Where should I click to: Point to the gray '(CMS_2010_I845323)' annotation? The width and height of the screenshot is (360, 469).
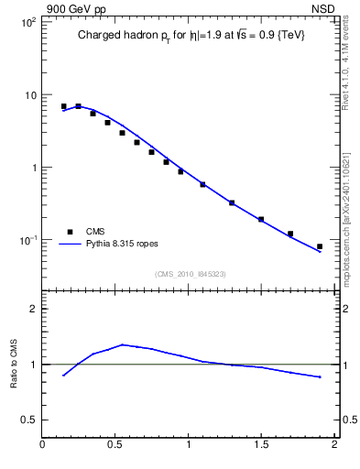pos(190,273)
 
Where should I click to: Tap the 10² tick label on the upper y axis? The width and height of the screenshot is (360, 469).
pos(27,22)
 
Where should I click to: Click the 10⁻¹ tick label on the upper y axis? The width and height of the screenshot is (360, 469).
pos(27,240)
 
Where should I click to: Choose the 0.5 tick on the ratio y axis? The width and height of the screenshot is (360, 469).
pos(29,420)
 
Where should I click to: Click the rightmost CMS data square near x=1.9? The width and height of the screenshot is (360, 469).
pos(320,246)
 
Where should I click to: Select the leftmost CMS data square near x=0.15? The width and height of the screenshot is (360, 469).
pos(63,106)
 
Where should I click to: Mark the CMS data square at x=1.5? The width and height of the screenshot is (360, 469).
pos(261,219)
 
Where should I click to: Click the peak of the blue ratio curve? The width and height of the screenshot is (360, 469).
pos(123,344)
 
